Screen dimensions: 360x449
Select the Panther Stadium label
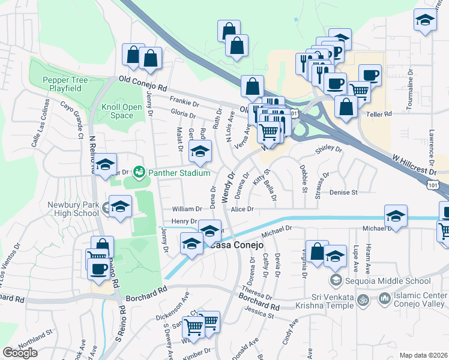pos(179,173)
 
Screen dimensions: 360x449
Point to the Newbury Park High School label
pos(73,209)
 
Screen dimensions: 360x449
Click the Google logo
pos(20,353)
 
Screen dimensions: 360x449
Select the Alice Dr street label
pos(243,209)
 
